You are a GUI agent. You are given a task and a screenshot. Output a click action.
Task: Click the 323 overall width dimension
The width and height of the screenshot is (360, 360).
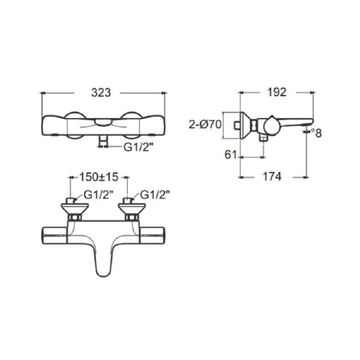coord(100,93)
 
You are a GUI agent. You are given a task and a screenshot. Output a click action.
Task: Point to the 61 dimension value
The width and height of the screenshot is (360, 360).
coord(230,155)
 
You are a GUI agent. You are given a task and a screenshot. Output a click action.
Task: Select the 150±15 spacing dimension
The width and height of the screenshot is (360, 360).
coord(98,177)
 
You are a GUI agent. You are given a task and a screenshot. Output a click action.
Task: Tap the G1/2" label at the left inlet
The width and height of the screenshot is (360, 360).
coord(99,195)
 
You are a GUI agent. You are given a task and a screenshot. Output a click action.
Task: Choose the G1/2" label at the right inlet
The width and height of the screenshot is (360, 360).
coord(155,195)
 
